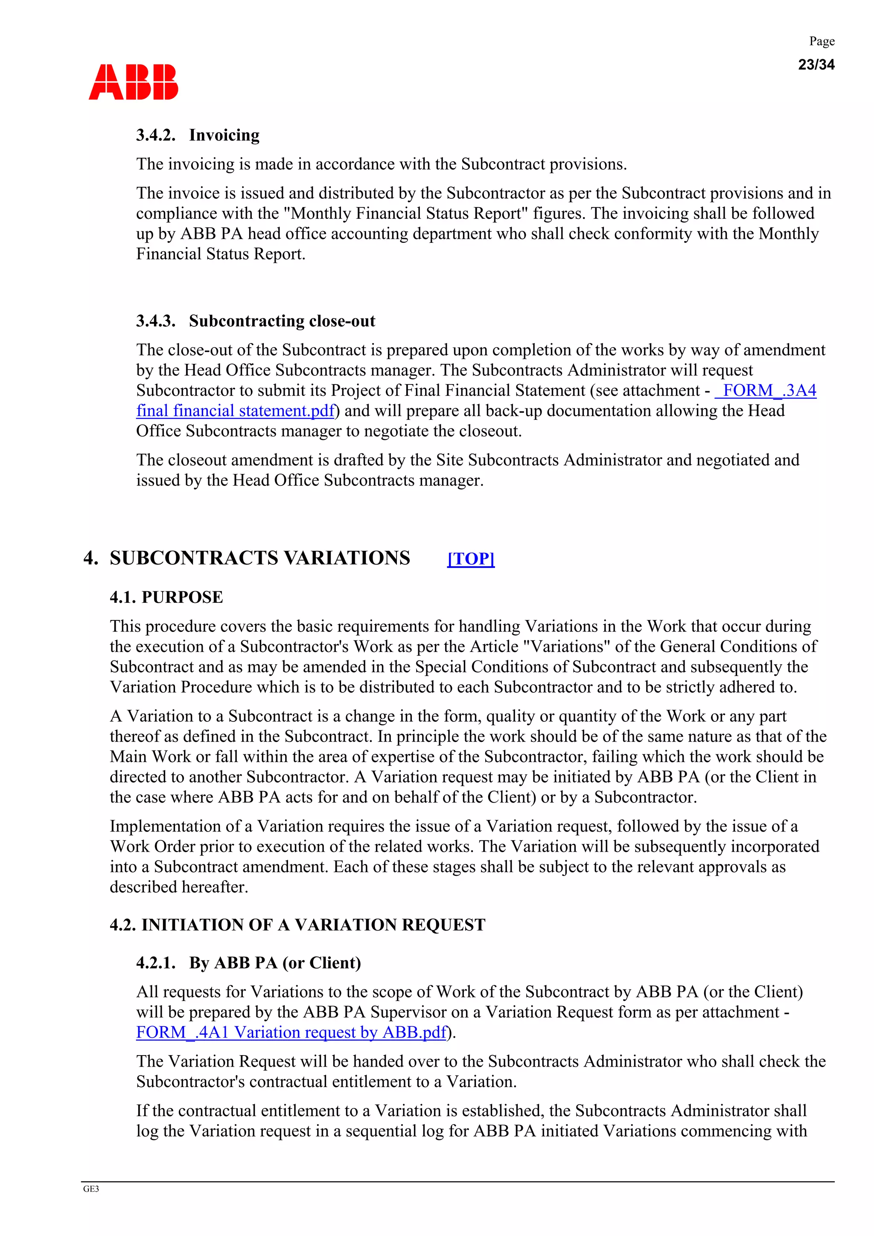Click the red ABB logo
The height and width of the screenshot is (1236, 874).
133,82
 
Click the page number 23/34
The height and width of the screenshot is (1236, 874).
816,64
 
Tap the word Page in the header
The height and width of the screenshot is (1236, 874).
822,41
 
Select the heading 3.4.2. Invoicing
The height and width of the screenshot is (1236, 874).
198,135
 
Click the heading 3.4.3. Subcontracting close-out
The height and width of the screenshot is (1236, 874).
255,321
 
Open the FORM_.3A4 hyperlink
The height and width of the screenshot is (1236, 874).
766,390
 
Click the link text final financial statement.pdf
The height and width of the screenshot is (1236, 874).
235,411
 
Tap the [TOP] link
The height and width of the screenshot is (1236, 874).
471,559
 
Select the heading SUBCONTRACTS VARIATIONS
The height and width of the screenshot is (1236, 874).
259,558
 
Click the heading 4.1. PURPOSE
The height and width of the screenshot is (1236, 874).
166,597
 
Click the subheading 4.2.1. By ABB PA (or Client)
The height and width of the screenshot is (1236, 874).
248,963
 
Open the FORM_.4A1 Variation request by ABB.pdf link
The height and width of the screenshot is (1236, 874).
291,1032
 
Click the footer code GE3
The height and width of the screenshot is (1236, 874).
91,1189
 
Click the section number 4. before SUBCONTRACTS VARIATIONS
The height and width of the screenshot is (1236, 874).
90,558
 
